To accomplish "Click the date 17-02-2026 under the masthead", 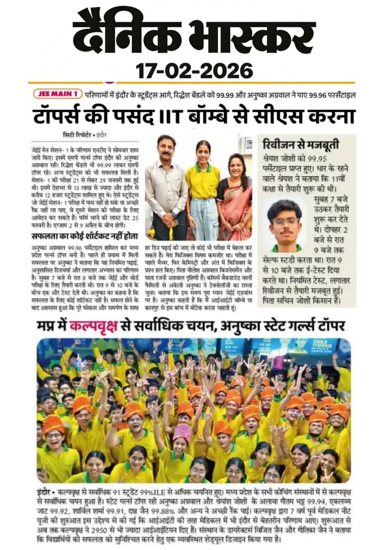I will (x=194, y=70).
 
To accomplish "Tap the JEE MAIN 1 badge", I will (x=57, y=94).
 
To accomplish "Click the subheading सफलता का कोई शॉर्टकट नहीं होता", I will (x=85, y=237).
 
